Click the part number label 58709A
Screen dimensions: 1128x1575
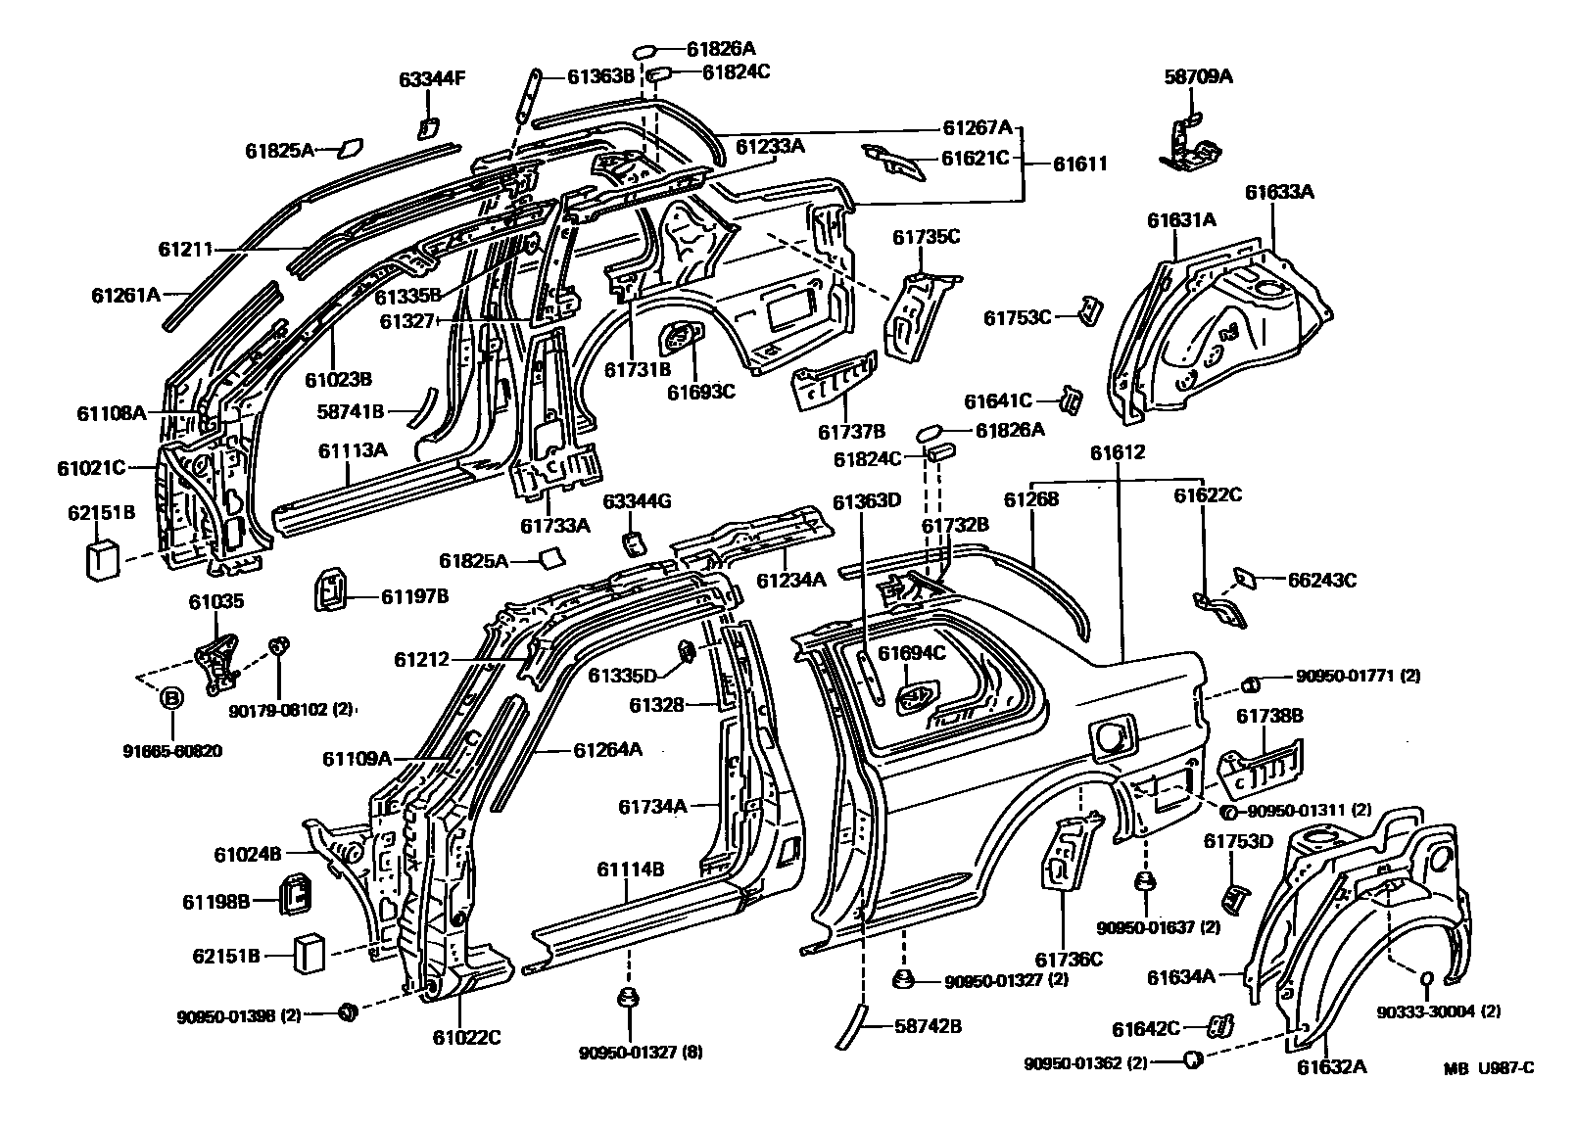(x=1198, y=75)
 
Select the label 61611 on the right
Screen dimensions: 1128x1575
(x=1080, y=164)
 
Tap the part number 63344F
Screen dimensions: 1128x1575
(x=431, y=79)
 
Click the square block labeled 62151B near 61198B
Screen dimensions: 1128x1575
(x=310, y=954)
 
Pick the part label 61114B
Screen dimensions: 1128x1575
(x=631, y=869)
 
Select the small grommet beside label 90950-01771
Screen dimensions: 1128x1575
(x=1251, y=682)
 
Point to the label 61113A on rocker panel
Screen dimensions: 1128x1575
(x=353, y=449)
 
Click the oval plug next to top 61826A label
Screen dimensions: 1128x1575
(x=645, y=49)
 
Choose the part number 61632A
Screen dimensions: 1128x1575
(x=1331, y=1066)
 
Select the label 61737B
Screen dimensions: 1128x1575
(x=851, y=431)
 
